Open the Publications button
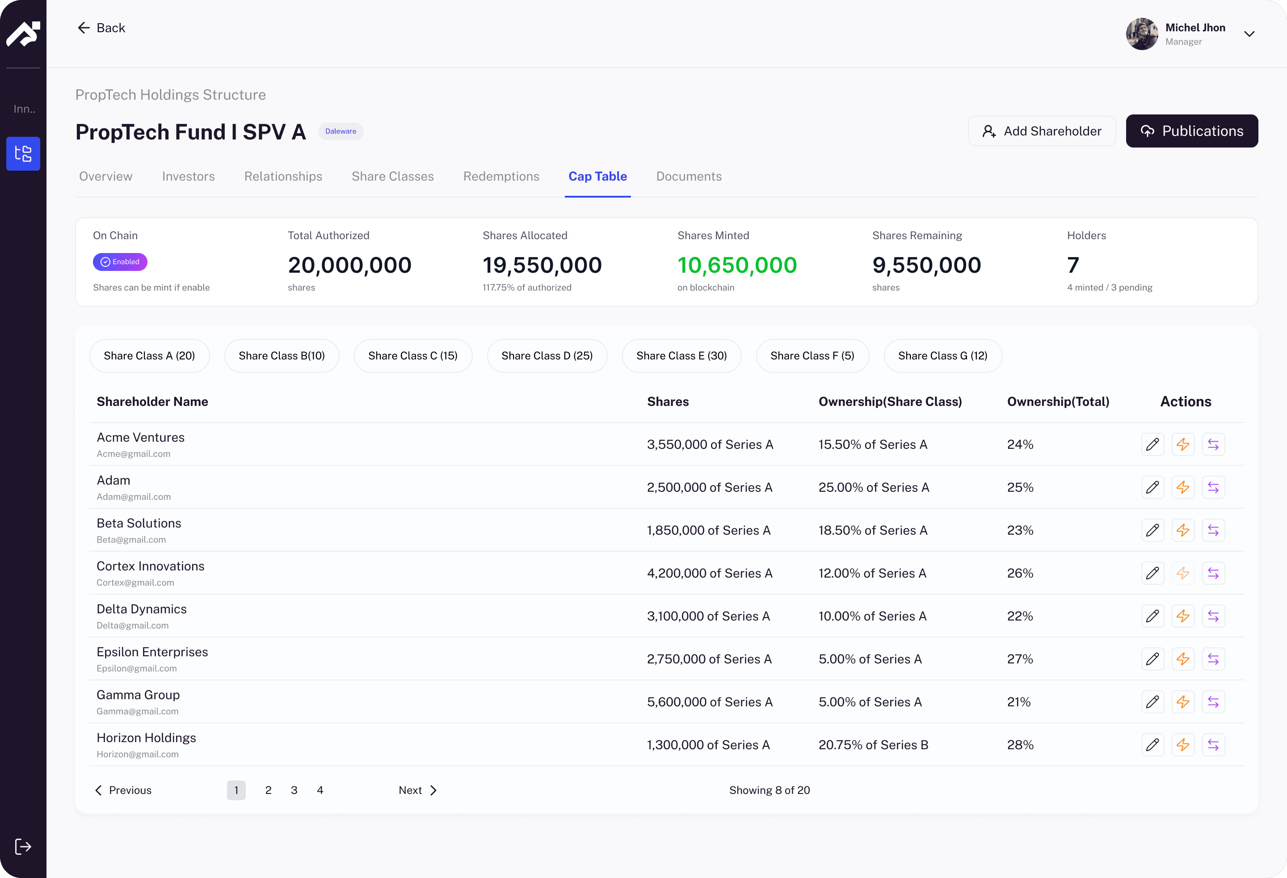click(x=1191, y=131)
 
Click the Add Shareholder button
click(x=1041, y=131)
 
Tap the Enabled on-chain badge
click(x=120, y=262)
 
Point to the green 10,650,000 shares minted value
click(x=736, y=266)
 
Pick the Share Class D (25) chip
click(x=547, y=356)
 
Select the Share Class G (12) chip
click(x=942, y=356)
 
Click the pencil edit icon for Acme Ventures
click(x=1152, y=444)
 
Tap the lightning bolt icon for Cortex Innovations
click(x=1182, y=573)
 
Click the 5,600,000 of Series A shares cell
click(x=709, y=702)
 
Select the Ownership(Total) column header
click(x=1058, y=401)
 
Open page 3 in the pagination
click(x=294, y=790)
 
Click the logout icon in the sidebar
click(x=23, y=846)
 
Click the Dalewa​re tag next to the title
click(x=340, y=131)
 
